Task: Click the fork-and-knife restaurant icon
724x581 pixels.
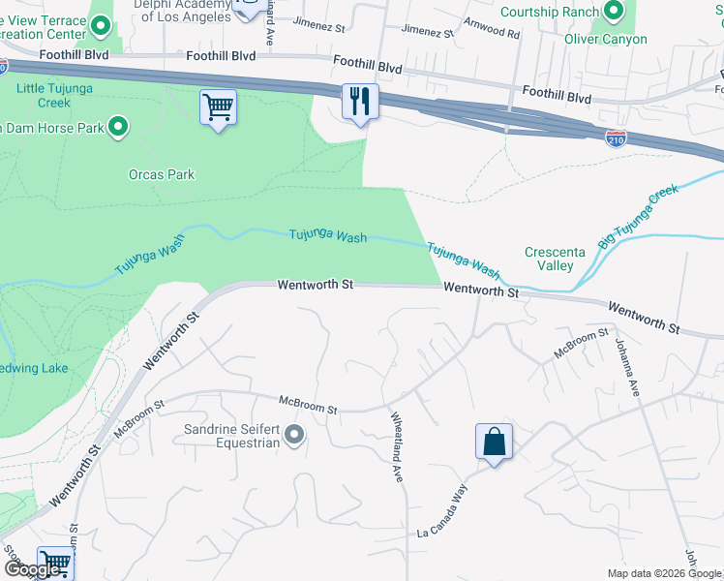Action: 360,101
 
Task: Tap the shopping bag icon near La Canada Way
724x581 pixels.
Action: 494,441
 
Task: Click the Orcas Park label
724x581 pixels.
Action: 162,175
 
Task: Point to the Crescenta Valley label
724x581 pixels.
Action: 555,259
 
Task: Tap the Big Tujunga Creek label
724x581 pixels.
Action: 639,217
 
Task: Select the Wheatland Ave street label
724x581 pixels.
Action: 397,446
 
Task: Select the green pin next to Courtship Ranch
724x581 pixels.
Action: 612,12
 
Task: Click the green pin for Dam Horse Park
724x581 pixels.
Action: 118,126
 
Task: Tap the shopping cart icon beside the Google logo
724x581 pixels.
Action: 55,562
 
